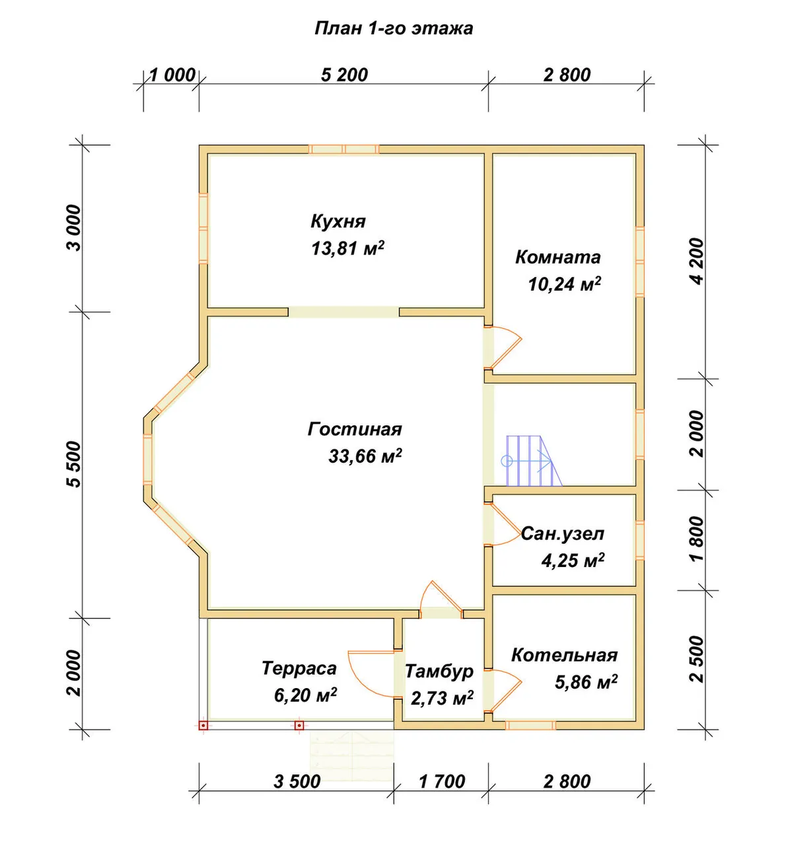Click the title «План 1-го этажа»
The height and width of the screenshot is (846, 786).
(394, 28)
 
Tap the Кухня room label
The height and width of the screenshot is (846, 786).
(338, 221)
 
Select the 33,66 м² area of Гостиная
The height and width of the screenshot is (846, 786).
(365, 456)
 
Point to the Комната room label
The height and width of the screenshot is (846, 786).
(557, 257)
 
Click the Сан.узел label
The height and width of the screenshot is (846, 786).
(563, 534)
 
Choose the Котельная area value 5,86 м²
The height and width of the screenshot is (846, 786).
(586, 682)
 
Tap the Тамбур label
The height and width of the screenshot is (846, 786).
(439, 672)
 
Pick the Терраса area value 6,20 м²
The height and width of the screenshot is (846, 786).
(305, 695)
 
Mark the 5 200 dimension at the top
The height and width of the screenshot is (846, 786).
(344, 75)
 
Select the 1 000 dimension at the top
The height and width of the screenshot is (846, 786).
(172, 75)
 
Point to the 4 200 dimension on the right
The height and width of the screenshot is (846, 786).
(698, 261)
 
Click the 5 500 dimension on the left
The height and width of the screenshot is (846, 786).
(74, 465)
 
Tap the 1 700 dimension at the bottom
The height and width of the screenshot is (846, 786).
(442, 782)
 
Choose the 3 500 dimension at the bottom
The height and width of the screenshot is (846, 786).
(297, 782)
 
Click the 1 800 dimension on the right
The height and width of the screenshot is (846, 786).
(698, 539)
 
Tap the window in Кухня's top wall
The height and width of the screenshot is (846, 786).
(343, 149)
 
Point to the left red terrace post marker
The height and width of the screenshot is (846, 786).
(203, 725)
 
